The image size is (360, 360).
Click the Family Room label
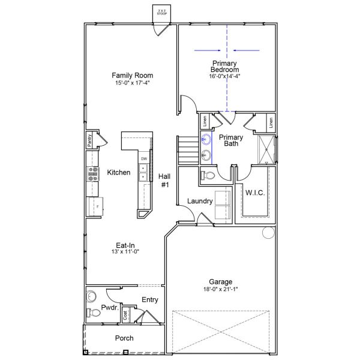click(x=132, y=76)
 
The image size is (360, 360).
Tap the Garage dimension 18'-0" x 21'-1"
click(x=221, y=289)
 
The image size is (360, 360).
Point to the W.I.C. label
click(x=255, y=193)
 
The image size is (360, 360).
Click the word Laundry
click(x=199, y=201)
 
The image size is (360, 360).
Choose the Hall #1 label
click(x=164, y=181)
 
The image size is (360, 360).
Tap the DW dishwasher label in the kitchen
click(x=144, y=158)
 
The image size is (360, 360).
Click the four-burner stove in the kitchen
click(x=94, y=173)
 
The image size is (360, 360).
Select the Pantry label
click(x=89, y=140)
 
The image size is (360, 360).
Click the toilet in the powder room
click(x=91, y=313)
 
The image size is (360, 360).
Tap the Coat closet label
click(x=125, y=314)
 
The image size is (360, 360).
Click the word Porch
click(x=124, y=338)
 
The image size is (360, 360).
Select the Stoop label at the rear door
click(x=161, y=12)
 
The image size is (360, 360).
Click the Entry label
click(x=149, y=299)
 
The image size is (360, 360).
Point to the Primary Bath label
click(x=230, y=140)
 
